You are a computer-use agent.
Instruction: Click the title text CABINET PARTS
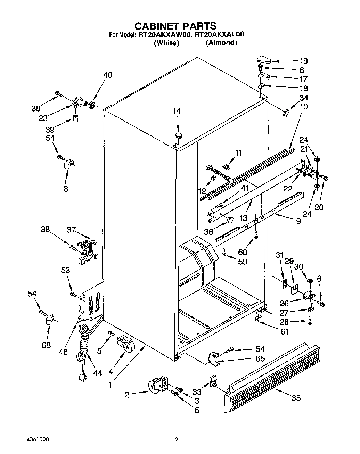coord(175,26)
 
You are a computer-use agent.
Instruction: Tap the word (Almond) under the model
coord(221,43)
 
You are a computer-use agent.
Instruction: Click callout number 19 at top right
coord(303,60)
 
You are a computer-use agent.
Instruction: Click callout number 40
coord(108,75)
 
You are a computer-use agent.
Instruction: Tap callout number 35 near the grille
coord(296,398)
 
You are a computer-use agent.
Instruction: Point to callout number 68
coord(46,345)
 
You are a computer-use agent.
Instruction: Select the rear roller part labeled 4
coord(124,342)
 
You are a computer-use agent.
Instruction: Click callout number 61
coord(284,332)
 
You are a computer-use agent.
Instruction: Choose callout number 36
coord(208,231)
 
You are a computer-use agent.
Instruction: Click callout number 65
coord(260,358)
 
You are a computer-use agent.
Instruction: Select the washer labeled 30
coord(309,280)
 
